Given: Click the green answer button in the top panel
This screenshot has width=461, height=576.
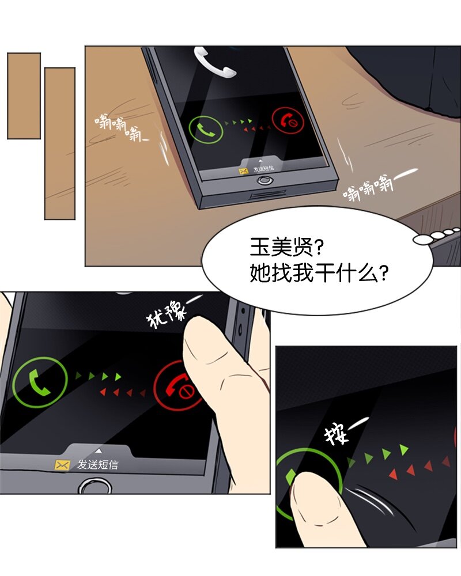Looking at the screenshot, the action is point(206,129).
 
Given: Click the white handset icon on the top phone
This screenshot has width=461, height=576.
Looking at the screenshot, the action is point(214,62).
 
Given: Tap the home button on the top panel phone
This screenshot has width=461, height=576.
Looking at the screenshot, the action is point(266,180).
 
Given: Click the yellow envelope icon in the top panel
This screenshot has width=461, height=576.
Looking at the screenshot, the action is point(244,171).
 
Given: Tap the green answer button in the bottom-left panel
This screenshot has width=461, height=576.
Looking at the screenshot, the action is point(40,382).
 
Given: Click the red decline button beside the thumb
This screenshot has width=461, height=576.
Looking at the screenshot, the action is point(176,386).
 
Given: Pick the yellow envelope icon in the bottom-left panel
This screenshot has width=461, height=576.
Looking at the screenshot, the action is point(62,465).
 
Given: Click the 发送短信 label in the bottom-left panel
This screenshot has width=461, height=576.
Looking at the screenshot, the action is point(98,465).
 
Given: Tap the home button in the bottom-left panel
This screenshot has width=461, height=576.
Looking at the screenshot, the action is point(95,486).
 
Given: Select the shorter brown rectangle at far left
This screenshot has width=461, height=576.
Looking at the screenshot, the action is point(24,96).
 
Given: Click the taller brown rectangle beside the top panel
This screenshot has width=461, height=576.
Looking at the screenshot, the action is point(60,143).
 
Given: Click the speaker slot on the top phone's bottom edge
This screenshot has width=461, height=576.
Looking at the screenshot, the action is point(269,195).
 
